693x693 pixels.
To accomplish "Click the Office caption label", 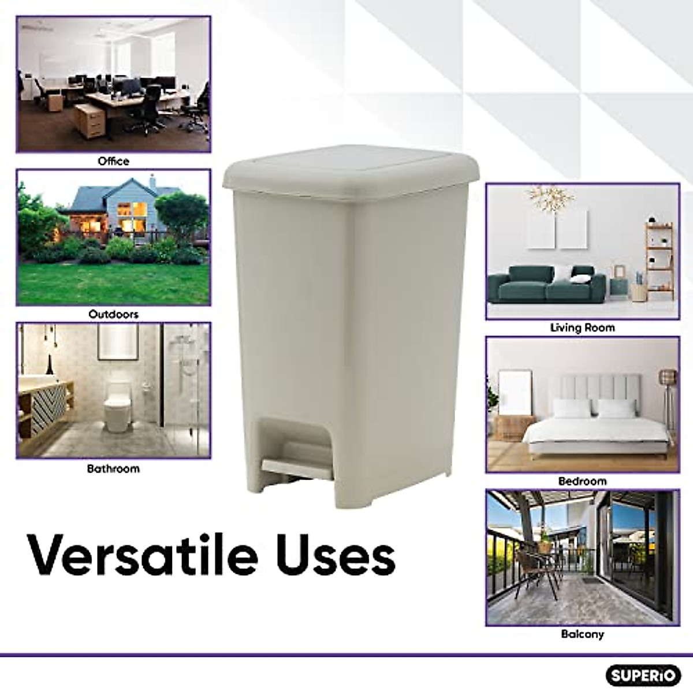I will pyautogui.click(x=113, y=161).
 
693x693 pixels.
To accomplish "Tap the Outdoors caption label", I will pyautogui.click(x=113, y=315).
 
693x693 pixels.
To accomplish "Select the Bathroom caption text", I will pyautogui.click(x=113, y=468).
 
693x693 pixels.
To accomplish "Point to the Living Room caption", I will pyautogui.click(x=582, y=327).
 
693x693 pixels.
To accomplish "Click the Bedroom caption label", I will pyautogui.click(x=582, y=481).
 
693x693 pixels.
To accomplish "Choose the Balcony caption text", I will pyautogui.click(x=582, y=634).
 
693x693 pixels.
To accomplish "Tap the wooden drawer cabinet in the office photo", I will pyautogui.click(x=90, y=119).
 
